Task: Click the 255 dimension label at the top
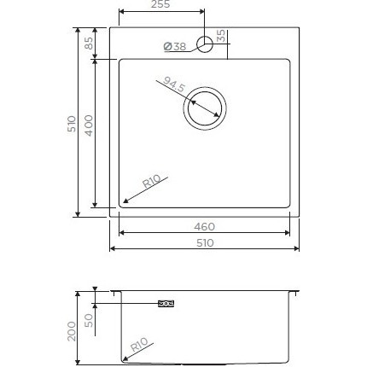click(160, 4)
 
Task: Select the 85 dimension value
click(87, 42)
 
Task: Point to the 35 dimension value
click(220, 36)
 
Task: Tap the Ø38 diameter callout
click(174, 47)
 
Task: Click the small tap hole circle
click(205, 45)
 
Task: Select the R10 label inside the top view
click(152, 181)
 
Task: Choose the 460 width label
click(205, 227)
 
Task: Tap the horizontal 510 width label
click(205, 243)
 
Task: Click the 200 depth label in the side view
click(71, 328)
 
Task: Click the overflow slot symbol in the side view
click(166, 303)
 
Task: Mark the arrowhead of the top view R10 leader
click(125, 203)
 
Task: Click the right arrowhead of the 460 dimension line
click(288, 231)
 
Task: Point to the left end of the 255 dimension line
click(118, 12)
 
